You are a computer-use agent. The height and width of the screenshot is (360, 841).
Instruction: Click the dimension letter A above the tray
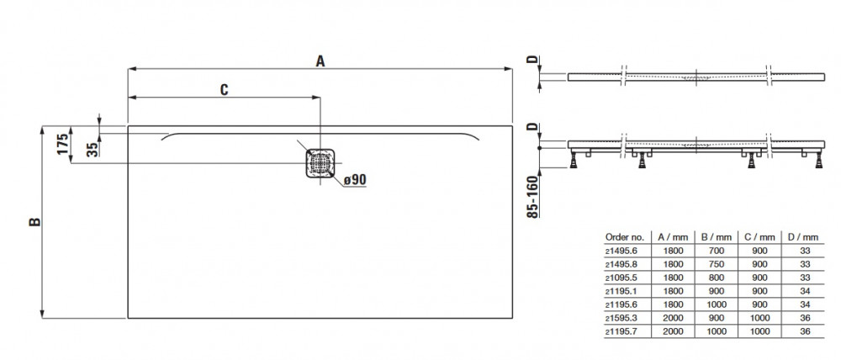click(x=320, y=61)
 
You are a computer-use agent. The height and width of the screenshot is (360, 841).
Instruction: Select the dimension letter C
click(x=225, y=90)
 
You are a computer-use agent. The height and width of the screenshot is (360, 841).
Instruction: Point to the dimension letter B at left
click(x=34, y=221)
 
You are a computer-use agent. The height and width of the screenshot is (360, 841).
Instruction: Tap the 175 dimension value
click(x=63, y=145)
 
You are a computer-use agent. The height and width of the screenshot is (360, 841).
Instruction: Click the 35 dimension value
click(x=93, y=149)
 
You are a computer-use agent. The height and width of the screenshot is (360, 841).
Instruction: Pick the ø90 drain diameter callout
click(x=355, y=180)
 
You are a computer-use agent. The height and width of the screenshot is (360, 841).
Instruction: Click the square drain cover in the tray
click(x=320, y=163)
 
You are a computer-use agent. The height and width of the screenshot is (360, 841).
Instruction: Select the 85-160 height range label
click(x=532, y=197)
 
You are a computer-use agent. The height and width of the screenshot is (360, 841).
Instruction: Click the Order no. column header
click(x=624, y=236)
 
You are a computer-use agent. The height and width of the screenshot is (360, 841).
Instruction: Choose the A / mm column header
click(x=673, y=236)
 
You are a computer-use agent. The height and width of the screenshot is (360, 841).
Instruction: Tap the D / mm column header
click(x=803, y=236)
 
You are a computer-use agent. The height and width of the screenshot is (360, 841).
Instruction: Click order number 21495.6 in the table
click(x=621, y=251)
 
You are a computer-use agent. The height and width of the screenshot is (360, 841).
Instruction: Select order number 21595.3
click(x=621, y=318)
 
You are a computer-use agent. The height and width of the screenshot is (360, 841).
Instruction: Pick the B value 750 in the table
click(x=716, y=264)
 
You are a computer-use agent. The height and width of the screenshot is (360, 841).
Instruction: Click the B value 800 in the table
click(x=716, y=278)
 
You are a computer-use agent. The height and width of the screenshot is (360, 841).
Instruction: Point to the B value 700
click(x=716, y=251)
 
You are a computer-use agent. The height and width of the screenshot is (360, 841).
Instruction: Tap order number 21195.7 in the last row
click(x=621, y=331)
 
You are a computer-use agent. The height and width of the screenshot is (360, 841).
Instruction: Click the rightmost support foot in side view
click(x=818, y=159)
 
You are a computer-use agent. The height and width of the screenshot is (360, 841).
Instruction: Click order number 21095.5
click(x=621, y=278)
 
